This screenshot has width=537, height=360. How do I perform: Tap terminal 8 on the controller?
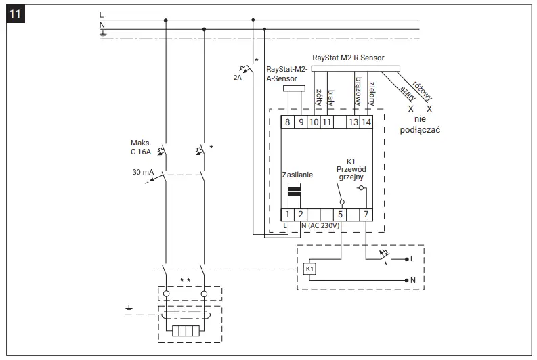click(288, 122)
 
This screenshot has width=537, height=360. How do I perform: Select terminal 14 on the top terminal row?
click(366, 122)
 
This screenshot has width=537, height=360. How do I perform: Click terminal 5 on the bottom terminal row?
click(341, 215)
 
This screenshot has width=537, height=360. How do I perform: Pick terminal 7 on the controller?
click(366, 215)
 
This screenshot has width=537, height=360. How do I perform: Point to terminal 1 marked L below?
click(287, 215)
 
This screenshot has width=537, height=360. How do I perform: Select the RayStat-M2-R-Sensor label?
click(352, 58)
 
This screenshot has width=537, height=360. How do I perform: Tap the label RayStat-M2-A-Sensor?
click(288, 74)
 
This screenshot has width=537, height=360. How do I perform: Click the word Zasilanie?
click(298, 174)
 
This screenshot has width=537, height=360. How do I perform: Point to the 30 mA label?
click(142, 173)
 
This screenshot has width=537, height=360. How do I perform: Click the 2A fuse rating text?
click(236, 77)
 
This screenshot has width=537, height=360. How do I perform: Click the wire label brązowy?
click(358, 90)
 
